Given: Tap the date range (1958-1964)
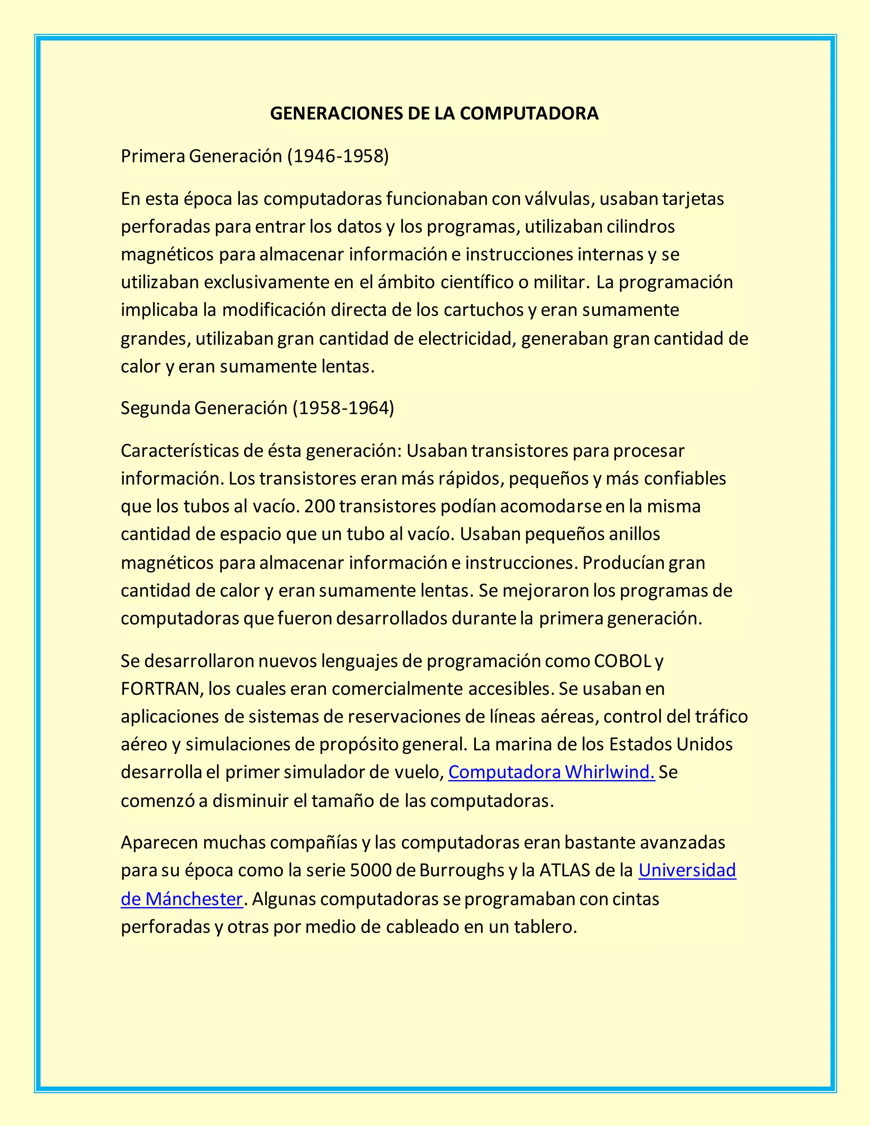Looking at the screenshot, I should (343, 408).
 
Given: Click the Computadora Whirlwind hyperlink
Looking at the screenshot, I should (551, 772).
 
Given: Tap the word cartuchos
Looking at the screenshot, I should (483, 310).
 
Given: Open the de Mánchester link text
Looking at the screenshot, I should (181, 899).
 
